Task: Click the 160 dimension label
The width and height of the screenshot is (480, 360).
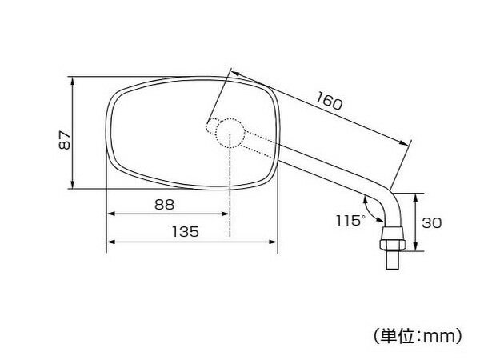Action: (329, 101)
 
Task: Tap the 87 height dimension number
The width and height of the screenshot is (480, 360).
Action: (65, 140)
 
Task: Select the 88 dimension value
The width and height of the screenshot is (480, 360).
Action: (164, 205)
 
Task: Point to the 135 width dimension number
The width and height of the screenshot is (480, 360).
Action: (186, 232)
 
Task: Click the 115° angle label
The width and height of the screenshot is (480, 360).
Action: (350, 220)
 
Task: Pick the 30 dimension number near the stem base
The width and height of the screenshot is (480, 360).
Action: (432, 223)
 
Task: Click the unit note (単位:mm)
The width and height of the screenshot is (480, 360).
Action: (418, 336)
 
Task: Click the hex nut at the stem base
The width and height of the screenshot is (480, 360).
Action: (392, 244)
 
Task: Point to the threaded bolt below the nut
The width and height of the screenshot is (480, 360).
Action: (392, 259)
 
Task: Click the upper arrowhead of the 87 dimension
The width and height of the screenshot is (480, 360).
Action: (72, 82)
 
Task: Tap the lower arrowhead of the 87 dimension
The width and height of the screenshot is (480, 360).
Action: (72, 183)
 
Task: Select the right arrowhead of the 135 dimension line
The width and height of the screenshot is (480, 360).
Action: (273, 242)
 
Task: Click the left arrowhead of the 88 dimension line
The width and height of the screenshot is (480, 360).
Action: (111, 214)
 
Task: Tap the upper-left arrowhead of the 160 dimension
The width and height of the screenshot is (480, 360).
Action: (235, 74)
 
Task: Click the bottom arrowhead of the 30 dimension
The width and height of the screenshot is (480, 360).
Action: (415, 246)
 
